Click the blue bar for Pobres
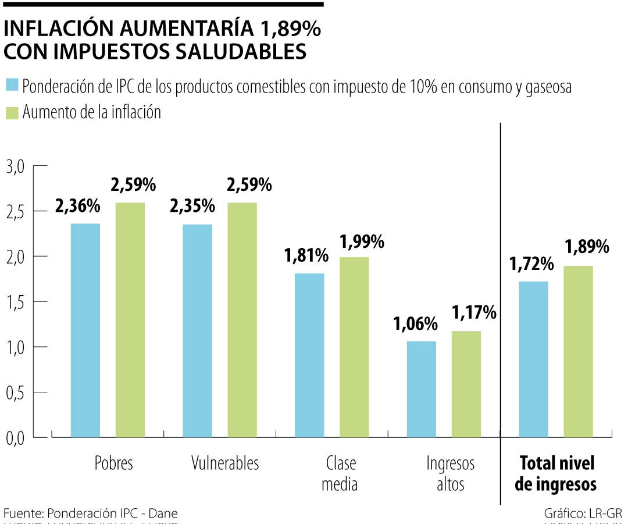coord(85,330)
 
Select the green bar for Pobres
coord(130,320)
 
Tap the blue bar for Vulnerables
coord(197,330)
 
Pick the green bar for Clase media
coord(354,346)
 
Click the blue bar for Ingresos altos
coord(422,389)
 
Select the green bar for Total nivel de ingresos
coord(578,351)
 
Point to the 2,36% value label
coord(78,206)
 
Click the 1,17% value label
coord(474,313)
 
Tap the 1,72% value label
coord(531,264)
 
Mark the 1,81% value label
coord(306,255)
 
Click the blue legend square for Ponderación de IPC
coord(12,86)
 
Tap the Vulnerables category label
coord(225,463)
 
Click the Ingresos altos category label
coord(451,474)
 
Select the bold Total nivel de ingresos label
coord(556,474)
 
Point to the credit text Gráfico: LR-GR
coord(583,514)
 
